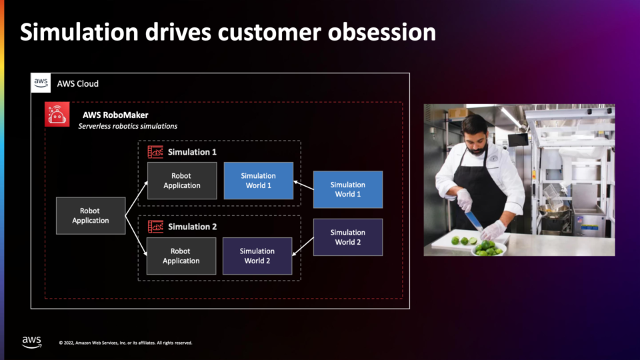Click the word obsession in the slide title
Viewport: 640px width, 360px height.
[x=381, y=32]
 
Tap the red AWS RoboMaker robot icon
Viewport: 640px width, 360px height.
[x=57, y=114]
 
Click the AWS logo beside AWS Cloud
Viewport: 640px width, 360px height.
[x=41, y=83]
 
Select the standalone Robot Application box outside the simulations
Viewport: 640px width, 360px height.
[x=91, y=215]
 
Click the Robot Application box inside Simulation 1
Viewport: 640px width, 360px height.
[x=182, y=181]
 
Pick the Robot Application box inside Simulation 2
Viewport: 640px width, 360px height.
[x=181, y=256]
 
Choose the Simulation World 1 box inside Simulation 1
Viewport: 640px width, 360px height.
[x=259, y=181]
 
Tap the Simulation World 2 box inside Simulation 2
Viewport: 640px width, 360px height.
[x=257, y=256]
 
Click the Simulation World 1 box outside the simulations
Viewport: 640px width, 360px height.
[x=348, y=189]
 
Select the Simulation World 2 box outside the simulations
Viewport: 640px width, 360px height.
[x=348, y=237]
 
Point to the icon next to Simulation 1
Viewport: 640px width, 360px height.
[x=155, y=152]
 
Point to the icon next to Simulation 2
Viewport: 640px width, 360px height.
[x=155, y=227]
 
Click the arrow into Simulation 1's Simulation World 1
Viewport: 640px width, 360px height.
[x=304, y=185]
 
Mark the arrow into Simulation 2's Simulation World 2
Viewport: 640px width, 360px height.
[x=303, y=247]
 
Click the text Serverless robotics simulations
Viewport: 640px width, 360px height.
[x=128, y=126]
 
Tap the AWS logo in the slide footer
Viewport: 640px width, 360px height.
[x=32, y=342]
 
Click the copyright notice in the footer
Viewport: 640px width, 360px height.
[x=126, y=343]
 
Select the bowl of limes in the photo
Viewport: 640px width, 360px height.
[x=489, y=248]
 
